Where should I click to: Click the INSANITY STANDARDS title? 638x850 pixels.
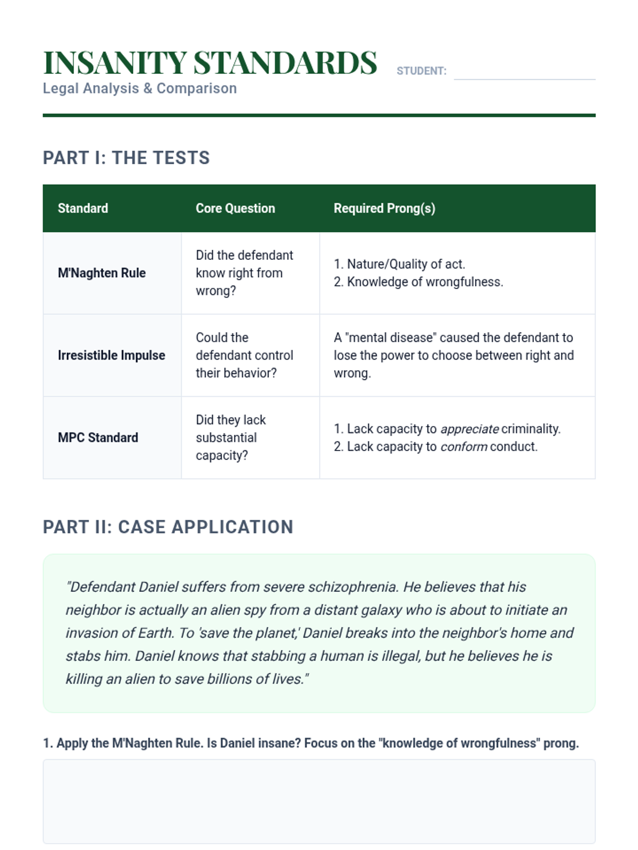tap(209, 63)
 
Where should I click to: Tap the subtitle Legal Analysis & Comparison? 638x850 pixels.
tap(139, 88)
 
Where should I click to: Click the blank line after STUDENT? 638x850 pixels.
tap(524, 72)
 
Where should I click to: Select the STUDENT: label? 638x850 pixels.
tap(421, 71)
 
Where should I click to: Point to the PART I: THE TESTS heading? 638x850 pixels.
tap(126, 158)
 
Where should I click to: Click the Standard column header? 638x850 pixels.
tap(83, 208)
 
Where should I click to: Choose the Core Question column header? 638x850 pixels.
tap(235, 208)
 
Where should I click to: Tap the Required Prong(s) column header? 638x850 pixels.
tap(384, 208)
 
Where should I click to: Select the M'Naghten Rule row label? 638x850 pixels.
tap(102, 273)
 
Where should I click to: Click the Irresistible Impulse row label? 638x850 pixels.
tap(111, 355)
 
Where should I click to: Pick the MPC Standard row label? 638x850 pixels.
tap(98, 438)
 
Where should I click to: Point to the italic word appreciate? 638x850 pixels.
tap(469, 429)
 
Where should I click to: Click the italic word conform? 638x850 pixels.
tap(464, 447)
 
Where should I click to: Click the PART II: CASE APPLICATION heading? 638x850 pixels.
tap(168, 527)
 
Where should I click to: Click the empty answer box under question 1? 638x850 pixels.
tap(319, 801)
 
